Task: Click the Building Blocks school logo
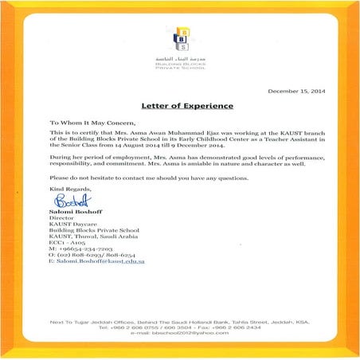[x=181, y=37]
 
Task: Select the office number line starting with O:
[x=88, y=254]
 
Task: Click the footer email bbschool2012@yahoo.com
[x=180, y=334]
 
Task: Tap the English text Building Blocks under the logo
[x=181, y=62]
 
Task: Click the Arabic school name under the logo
[x=181, y=56]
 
